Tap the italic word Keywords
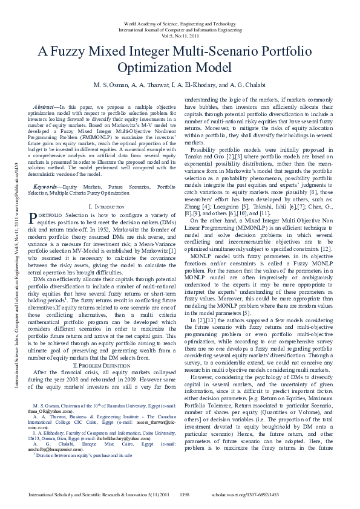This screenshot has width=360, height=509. point(47,171)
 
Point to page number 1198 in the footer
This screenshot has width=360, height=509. point(186,494)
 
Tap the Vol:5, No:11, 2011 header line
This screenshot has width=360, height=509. point(180,35)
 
